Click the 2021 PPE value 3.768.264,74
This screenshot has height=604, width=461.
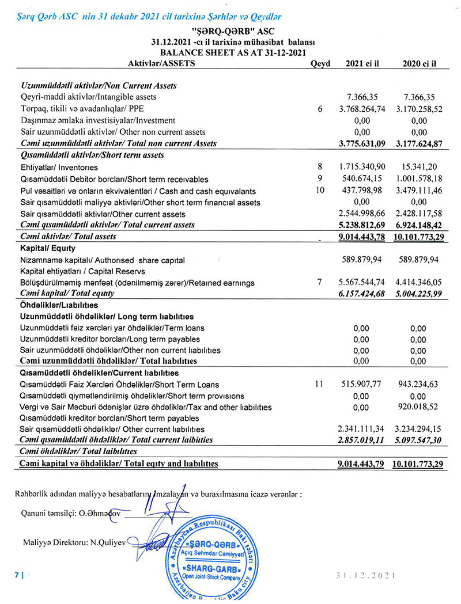(x=361, y=109)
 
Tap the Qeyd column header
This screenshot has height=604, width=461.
(x=320, y=64)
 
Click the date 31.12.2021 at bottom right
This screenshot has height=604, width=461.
(x=366, y=575)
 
